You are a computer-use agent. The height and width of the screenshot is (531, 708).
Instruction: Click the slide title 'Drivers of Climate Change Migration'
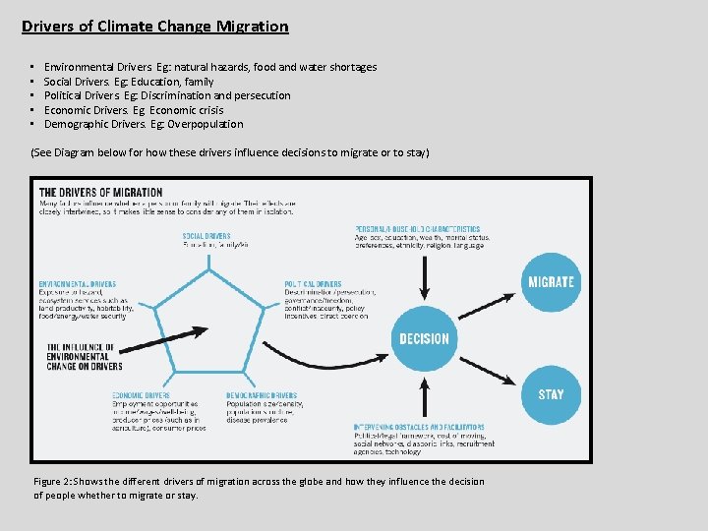[x=155, y=27]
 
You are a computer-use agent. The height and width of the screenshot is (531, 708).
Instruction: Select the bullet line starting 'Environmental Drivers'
[x=210, y=67]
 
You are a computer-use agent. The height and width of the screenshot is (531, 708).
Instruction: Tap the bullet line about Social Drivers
[x=129, y=82]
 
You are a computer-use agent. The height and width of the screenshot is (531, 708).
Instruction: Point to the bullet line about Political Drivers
[x=167, y=95]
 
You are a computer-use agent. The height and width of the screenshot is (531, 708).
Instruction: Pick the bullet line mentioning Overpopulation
[x=144, y=124]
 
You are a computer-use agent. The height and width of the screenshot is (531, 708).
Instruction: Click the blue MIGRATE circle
[x=551, y=282]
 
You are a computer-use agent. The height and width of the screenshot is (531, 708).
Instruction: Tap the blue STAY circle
[x=551, y=394]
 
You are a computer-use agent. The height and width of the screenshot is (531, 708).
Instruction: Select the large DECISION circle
[x=424, y=338]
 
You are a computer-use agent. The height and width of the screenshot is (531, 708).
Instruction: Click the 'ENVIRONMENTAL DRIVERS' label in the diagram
[x=78, y=284]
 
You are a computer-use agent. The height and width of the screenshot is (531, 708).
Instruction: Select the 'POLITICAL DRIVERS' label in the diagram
[x=314, y=284]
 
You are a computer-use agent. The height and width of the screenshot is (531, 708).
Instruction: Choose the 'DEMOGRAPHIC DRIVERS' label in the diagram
[x=262, y=395]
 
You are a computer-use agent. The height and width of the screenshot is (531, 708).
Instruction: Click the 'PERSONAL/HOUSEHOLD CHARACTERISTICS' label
[x=418, y=229]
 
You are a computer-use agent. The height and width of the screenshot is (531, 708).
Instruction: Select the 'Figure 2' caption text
[x=259, y=488]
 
